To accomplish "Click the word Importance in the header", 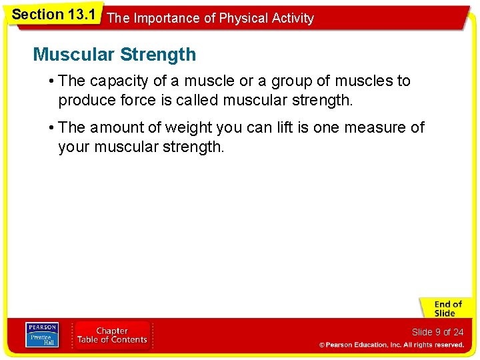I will pos(166,18).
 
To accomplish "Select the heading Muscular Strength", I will pos(114,54).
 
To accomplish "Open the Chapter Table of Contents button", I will pos(112,335).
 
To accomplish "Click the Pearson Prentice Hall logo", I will pos(42,335).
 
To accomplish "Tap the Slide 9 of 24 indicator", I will pos(437,332).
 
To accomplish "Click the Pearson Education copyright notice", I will pos(391,345).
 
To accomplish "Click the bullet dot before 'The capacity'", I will pos(51,81).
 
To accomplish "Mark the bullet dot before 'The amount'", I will pos(51,127).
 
